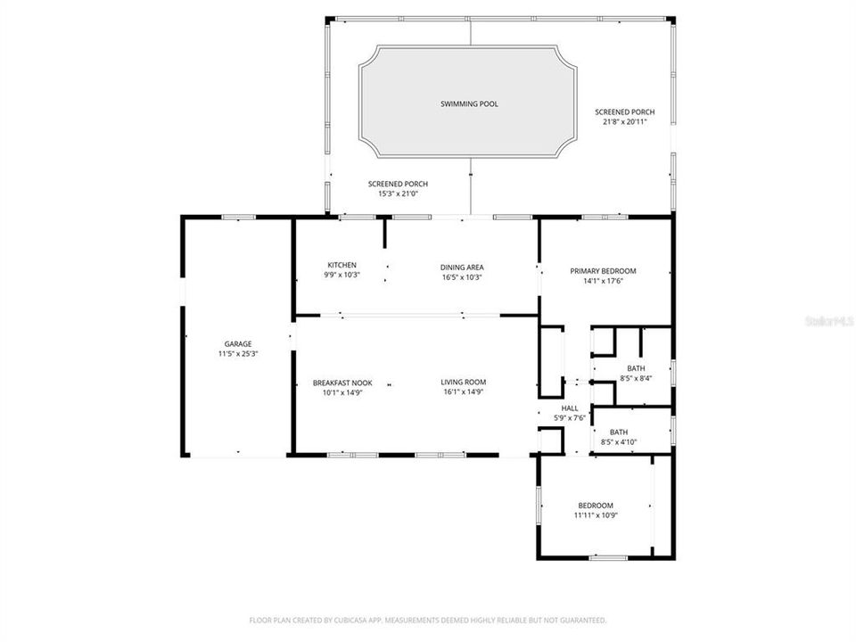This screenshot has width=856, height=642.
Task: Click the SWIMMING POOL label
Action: pyautogui.click(x=469, y=104)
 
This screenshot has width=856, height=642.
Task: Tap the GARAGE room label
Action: pyautogui.click(x=237, y=343)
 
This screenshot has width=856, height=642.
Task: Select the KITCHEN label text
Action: pyautogui.click(x=342, y=266)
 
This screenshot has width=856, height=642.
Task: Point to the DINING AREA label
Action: pyautogui.click(x=462, y=267)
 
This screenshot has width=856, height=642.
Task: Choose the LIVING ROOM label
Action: pyautogui.click(x=462, y=383)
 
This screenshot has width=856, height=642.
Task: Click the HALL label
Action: pyautogui.click(x=569, y=408)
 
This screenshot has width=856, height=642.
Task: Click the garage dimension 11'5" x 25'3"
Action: pyautogui.click(x=237, y=354)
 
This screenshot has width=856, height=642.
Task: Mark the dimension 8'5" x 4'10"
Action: pyautogui.click(x=631, y=441)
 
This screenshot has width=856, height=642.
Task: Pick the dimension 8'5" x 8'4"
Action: pyautogui.click(x=635, y=378)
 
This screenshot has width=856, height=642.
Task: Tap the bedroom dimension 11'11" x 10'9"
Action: pyautogui.click(x=596, y=515)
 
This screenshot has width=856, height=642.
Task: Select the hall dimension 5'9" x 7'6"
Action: pyautogui.click(x=569, y=418)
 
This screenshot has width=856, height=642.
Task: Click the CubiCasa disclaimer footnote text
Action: pyautogui.click(x=428, y=620)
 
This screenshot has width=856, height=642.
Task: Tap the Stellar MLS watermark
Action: pyautogui.click(x=828, y=318)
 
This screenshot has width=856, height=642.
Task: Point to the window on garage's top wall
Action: pyautogui.click(x=238, y=217)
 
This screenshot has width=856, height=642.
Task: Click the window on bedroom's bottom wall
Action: pyautogui.click(x=607, y=558)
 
